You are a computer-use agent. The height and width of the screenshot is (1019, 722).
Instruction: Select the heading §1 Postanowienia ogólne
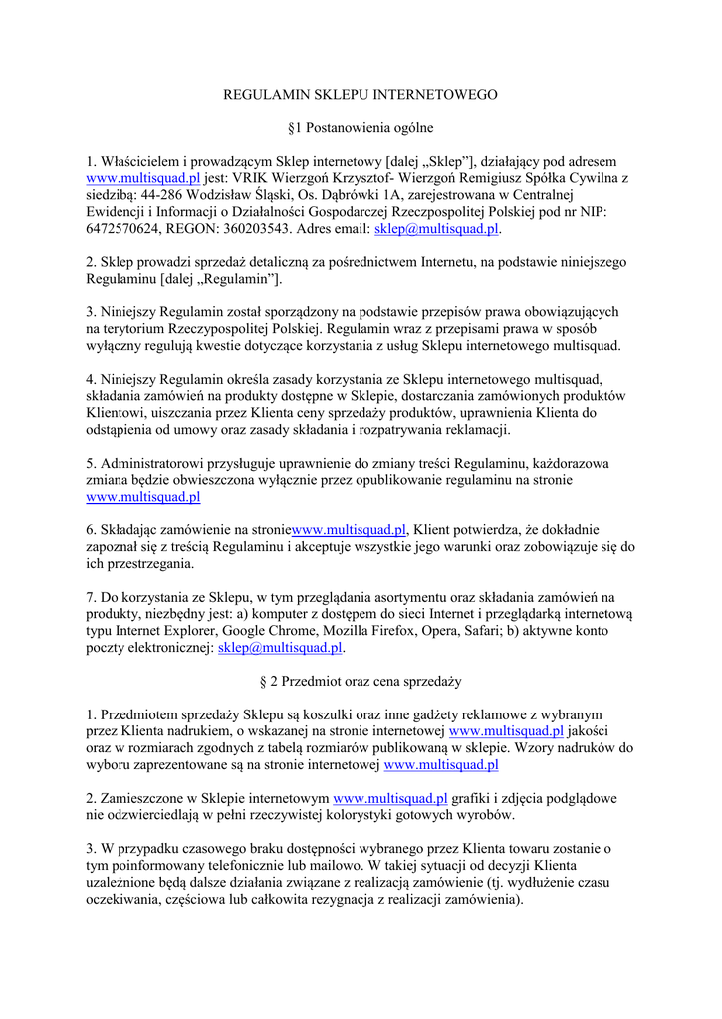point(360,128)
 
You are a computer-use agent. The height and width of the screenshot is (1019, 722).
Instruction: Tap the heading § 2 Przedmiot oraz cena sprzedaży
point(360,682)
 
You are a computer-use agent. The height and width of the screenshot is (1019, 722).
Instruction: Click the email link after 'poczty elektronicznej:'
point(280,648)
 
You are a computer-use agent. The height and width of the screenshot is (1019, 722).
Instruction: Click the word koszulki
point(351,715)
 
